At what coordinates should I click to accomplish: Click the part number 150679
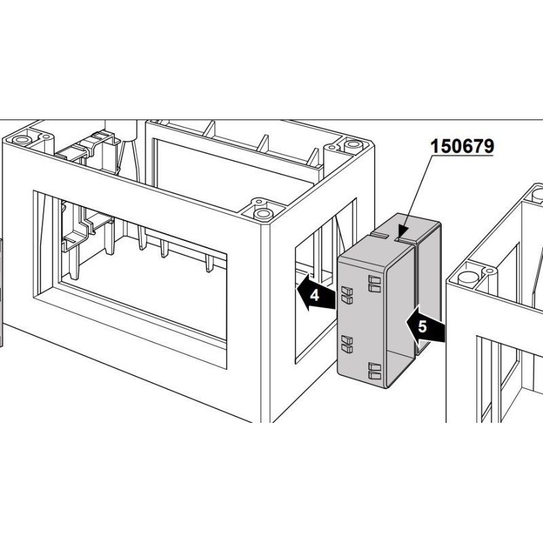point(462,145)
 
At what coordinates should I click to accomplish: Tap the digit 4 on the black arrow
point(314,295)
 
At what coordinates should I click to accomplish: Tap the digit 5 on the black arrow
point(422,326)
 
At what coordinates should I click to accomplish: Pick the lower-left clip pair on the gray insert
point(346,343)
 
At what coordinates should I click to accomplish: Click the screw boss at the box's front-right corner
point(261,210)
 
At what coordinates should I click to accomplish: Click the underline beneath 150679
point(462,155)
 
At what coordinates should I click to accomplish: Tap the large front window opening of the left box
point(143,271)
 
